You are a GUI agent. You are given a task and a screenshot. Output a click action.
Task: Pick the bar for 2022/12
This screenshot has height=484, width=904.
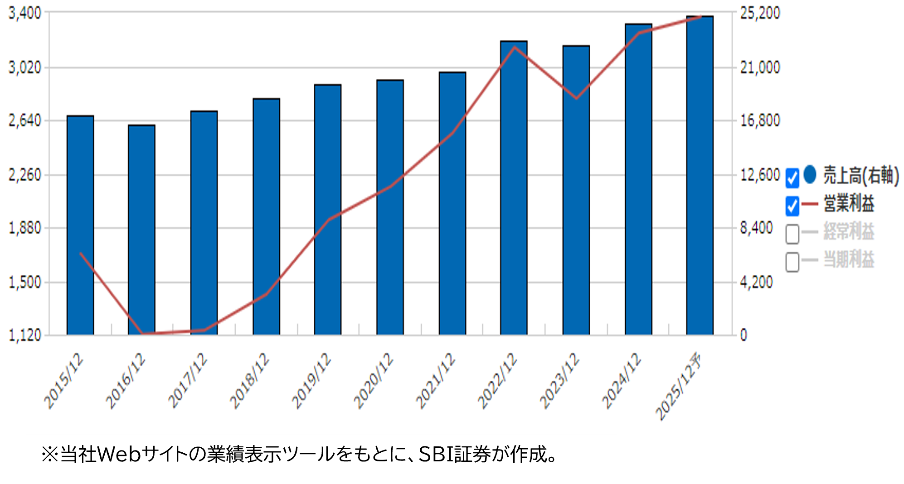[x=514, y=187]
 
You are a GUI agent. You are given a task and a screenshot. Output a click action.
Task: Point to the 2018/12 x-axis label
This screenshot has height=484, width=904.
[x=250, y=381]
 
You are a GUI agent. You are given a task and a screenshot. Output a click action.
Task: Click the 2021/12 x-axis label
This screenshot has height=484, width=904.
[x=436, y=381]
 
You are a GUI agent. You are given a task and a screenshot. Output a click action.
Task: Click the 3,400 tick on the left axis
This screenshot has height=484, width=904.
[x=25, y=13]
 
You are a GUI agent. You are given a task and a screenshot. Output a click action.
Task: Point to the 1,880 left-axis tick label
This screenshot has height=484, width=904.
[x=25, y=228]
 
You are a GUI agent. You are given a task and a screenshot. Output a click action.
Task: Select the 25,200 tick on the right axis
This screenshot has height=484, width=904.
[x=760, y=13]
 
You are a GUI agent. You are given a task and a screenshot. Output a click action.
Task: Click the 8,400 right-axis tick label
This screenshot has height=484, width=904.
[x=756, y=228]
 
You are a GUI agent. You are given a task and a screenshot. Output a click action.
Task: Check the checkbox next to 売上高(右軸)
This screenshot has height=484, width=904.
[x=792, y=177]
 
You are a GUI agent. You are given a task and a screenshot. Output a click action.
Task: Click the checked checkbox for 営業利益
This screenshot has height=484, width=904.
[x=792, y=206]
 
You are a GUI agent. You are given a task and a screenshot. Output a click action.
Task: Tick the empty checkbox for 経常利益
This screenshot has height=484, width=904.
[x=792, y=234]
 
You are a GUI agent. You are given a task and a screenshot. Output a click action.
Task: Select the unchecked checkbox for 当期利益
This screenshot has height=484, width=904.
[x=792, y=262]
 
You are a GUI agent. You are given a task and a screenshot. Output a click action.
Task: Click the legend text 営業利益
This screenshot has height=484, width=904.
[x=849, y=204]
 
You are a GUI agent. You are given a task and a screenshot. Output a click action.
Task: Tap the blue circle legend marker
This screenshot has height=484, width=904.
[x=810, y=175]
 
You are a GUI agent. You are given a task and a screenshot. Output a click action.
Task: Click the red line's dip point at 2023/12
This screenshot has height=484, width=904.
[x=577, y=98]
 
